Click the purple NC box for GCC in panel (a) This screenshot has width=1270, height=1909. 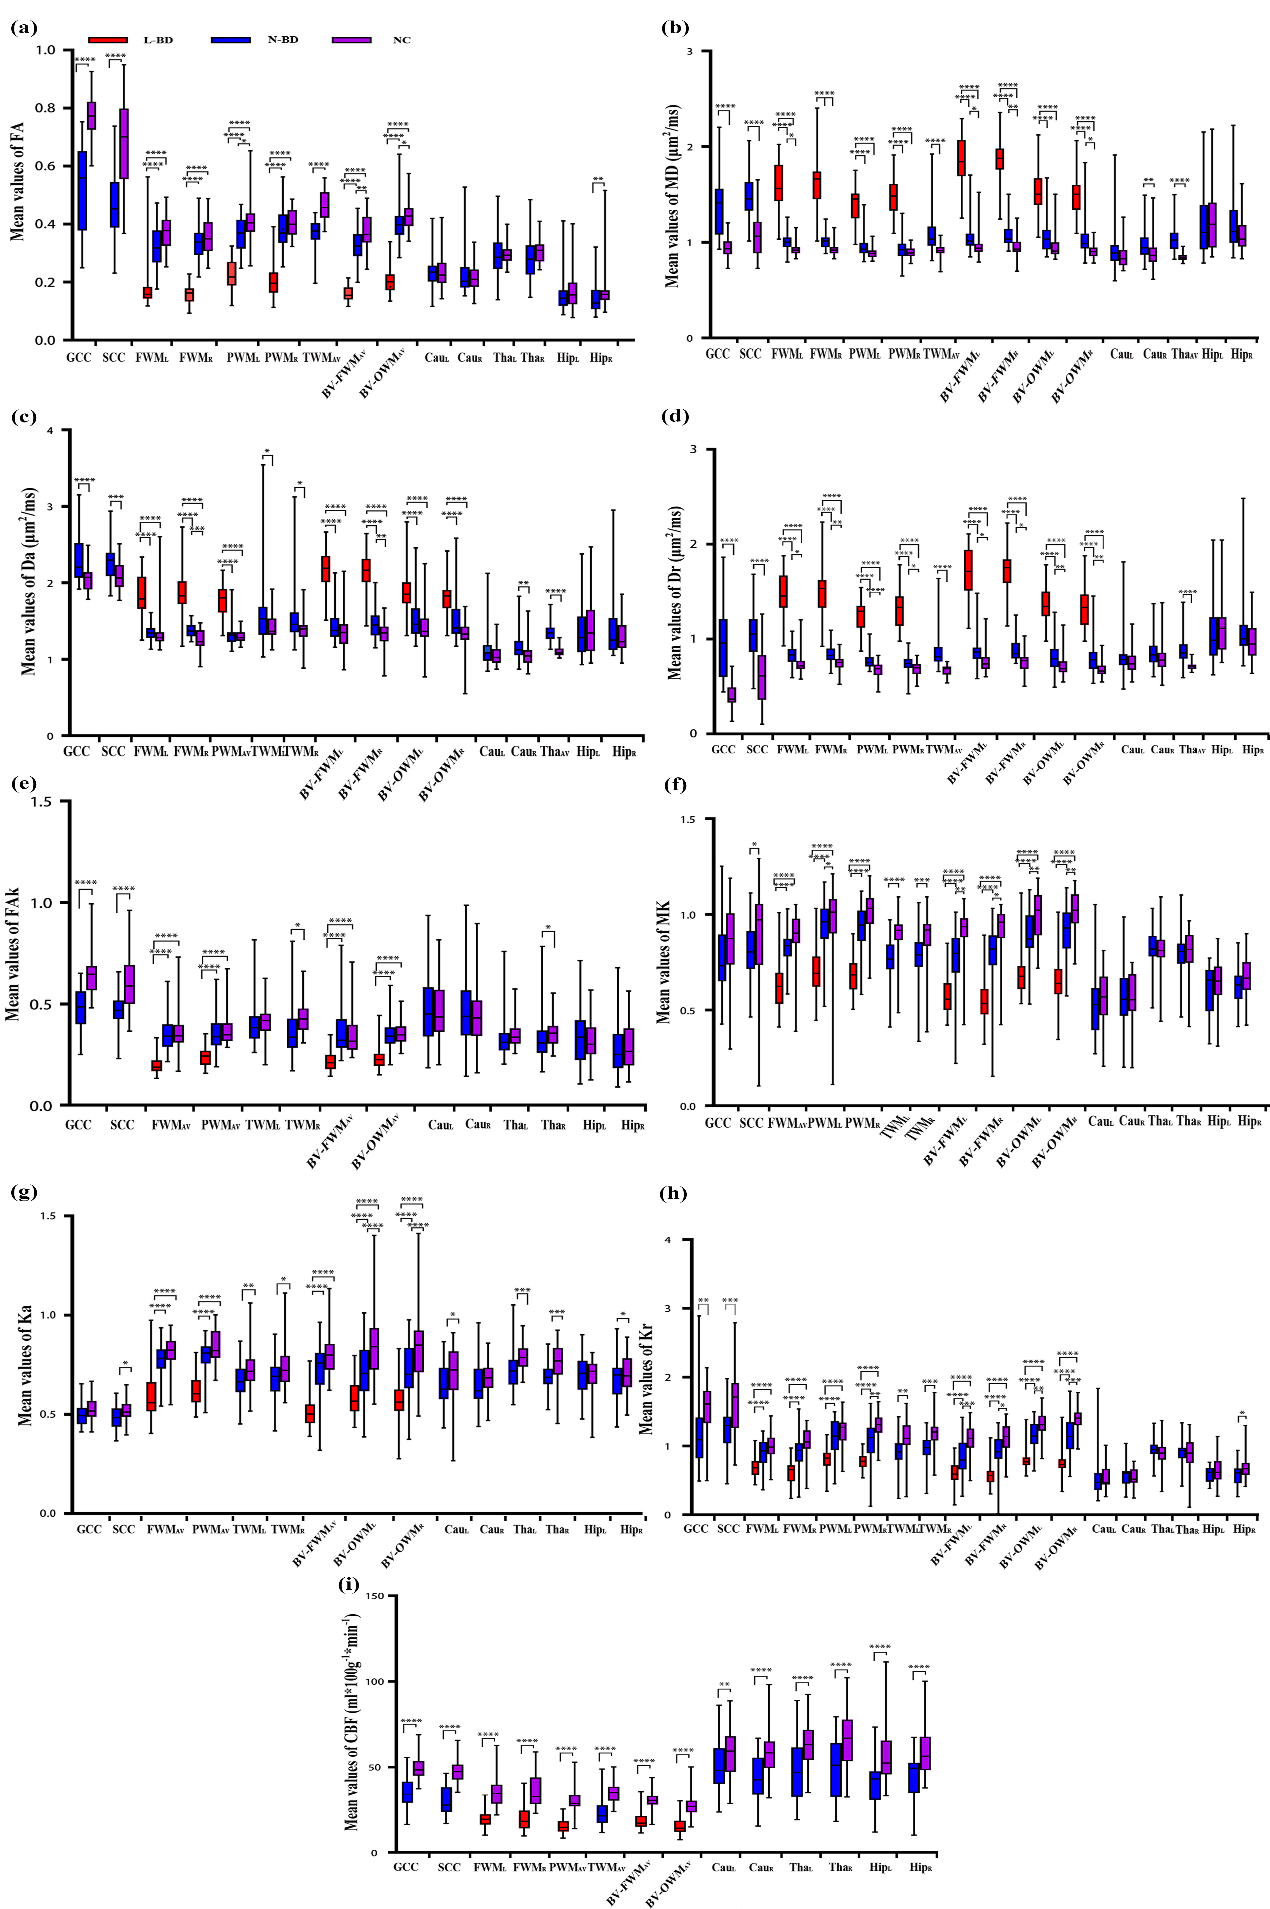coord(91,115)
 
